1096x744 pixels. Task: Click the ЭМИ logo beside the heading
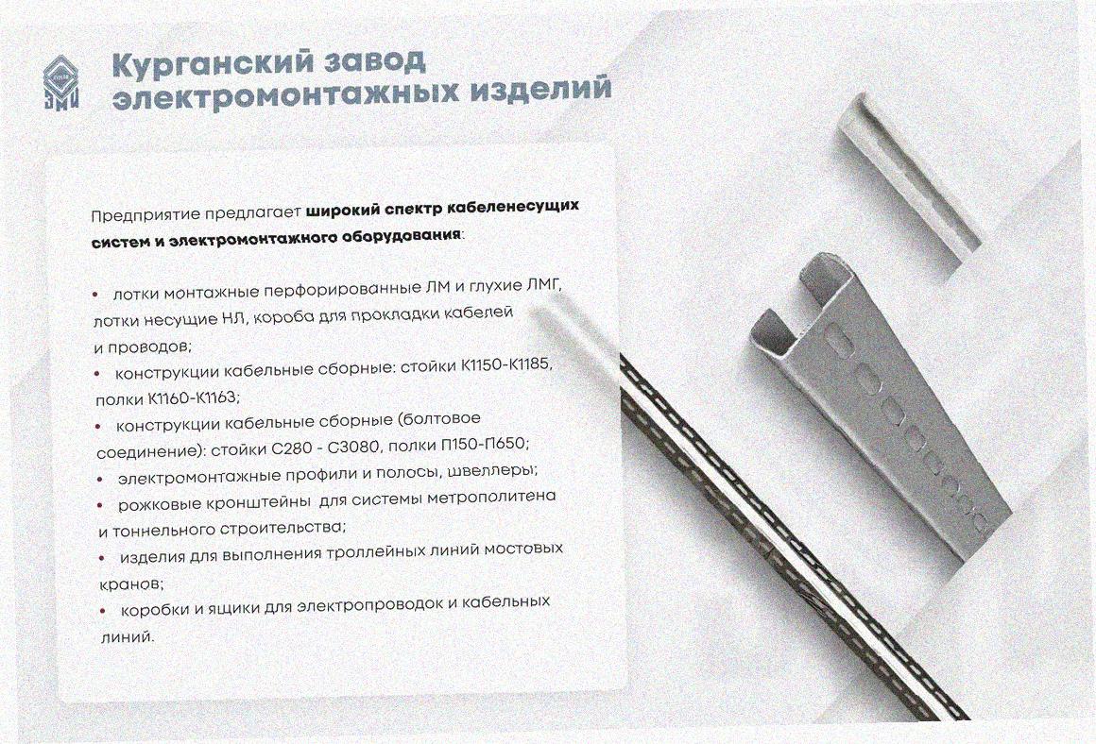pyautogui.click(x=60, y=82)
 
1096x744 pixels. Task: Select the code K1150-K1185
pyautogui.click(x=506, y=365)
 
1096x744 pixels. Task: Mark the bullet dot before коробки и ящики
pyautogui.click(x=103, y=611)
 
